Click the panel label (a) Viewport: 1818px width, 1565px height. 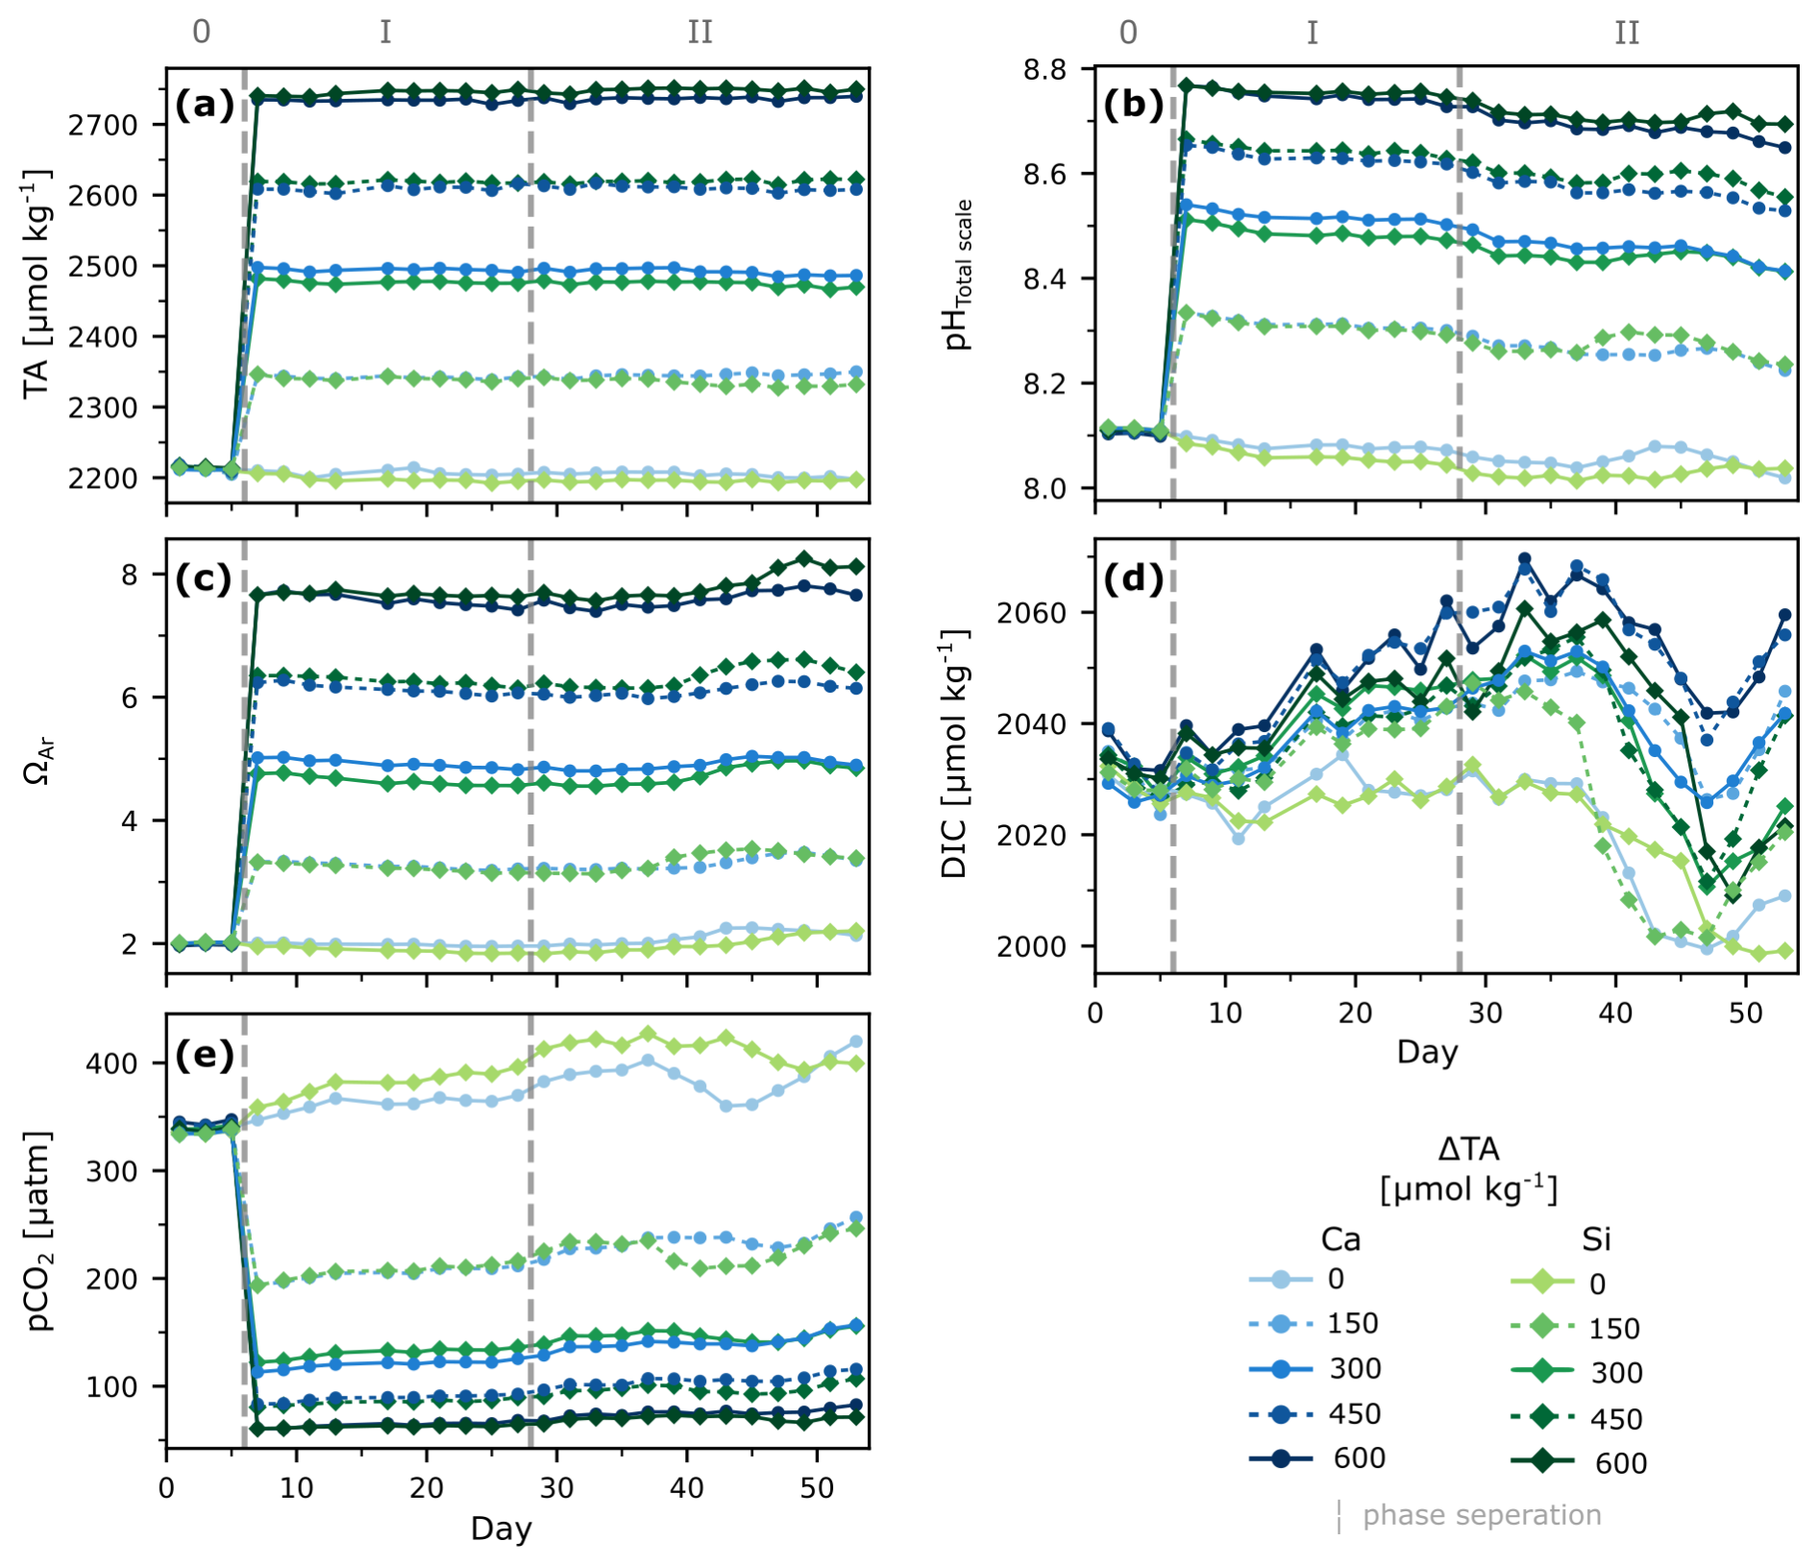point(204,104)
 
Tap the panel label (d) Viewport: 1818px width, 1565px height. point(1133,578)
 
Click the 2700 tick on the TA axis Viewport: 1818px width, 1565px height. point(103,125)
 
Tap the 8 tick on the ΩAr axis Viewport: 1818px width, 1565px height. point(129,575)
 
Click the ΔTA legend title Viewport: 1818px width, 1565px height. point(1468,1169)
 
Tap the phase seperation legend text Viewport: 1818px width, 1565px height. point(1482,1515)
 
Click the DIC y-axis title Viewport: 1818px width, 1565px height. point(954,754)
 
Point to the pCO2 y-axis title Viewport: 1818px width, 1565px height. point(39,1231)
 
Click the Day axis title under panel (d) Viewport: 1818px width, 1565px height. point(1427,1052)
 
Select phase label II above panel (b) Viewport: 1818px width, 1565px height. point(1626,33)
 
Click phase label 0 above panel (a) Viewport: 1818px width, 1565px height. point(201,32)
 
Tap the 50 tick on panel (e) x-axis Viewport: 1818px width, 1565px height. point(817,1488)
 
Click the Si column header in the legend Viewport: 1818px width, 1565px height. point(1596,1239)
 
